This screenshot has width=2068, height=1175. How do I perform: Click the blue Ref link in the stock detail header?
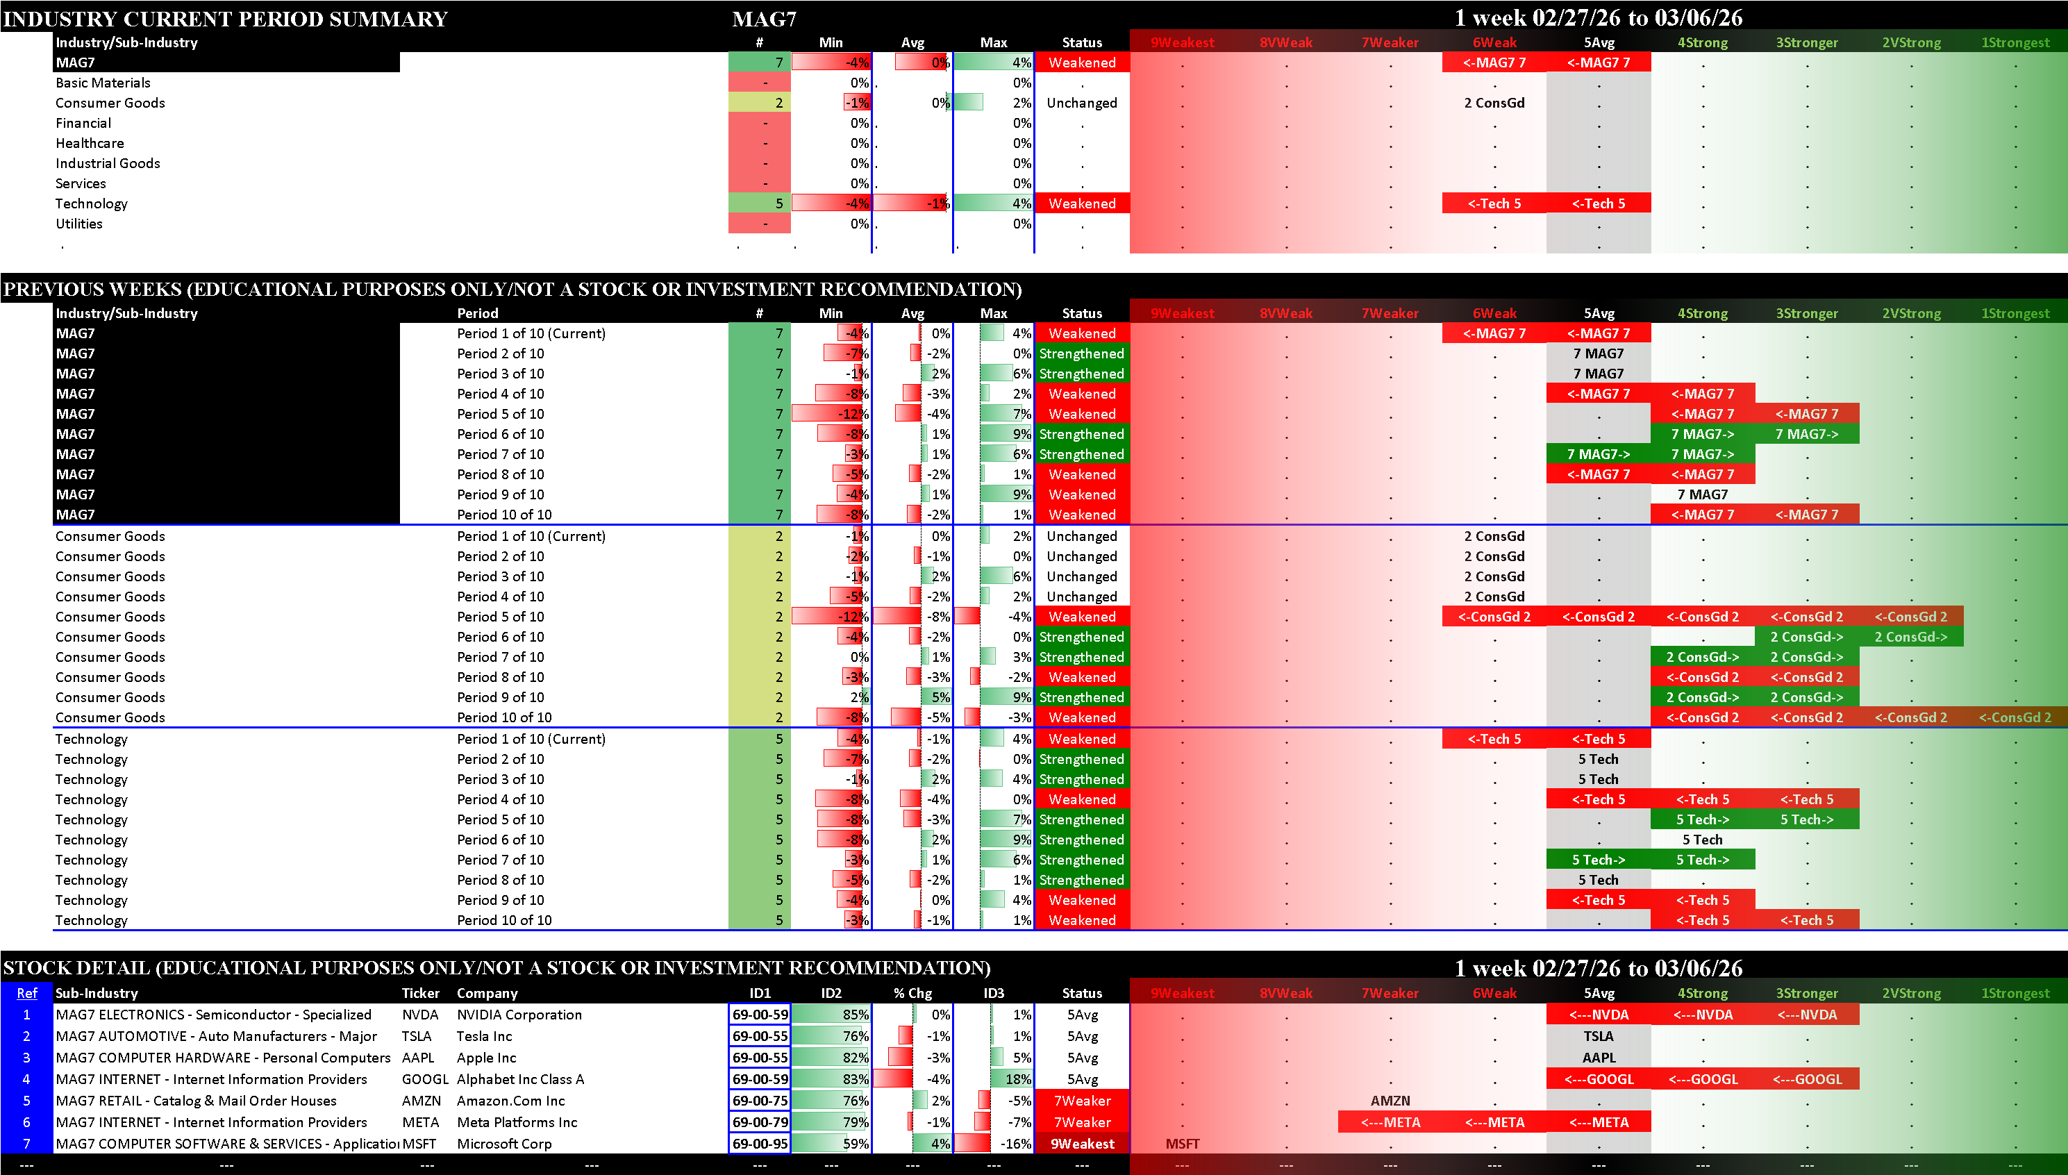(x=26, y=994)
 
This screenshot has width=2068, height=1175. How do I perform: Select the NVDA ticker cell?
(x=419, y=1015)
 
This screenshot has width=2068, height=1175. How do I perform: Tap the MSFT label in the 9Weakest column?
(x=1182, y=1144)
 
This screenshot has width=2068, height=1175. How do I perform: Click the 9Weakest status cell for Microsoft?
(x=1081, y=1144)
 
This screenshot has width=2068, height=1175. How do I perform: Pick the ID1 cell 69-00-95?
(x=759, y=1144)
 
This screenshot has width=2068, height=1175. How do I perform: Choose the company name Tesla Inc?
(x=484, y=1037)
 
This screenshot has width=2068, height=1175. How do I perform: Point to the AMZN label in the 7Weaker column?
(x=1390, y=1101)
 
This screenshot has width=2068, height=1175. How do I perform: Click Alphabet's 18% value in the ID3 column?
(x=1017, y=1080)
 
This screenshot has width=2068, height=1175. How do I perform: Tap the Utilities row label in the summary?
(x=79, y=224)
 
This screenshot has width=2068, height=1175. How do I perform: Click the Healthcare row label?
(x=90, y=144)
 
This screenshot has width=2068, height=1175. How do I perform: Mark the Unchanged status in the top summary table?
(x=1081, y=103)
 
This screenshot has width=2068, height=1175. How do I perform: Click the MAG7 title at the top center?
(x=763, y=19)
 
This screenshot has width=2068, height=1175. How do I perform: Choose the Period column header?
(x=478, y=313)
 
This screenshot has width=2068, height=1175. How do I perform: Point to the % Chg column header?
(x=912, y=994)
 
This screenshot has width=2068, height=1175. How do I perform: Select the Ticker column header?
(x=420, y=994)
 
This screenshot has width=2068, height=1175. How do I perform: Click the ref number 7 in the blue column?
(x=26, y=1144)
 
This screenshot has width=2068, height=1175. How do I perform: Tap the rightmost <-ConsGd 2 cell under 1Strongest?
(x=2014, y=718)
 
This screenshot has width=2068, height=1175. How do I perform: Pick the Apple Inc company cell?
(x=487, y=1058)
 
